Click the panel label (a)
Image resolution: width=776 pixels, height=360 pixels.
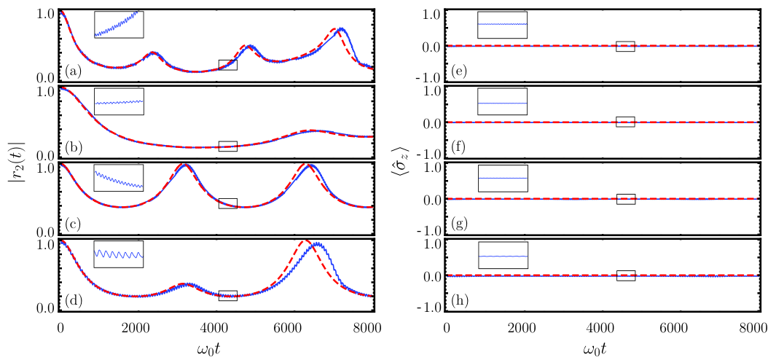[73, 72]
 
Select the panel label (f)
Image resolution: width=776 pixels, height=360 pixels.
[460, 148]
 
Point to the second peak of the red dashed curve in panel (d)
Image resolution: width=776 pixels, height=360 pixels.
[306, 241]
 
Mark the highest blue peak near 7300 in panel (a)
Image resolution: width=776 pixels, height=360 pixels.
[340, 30]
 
